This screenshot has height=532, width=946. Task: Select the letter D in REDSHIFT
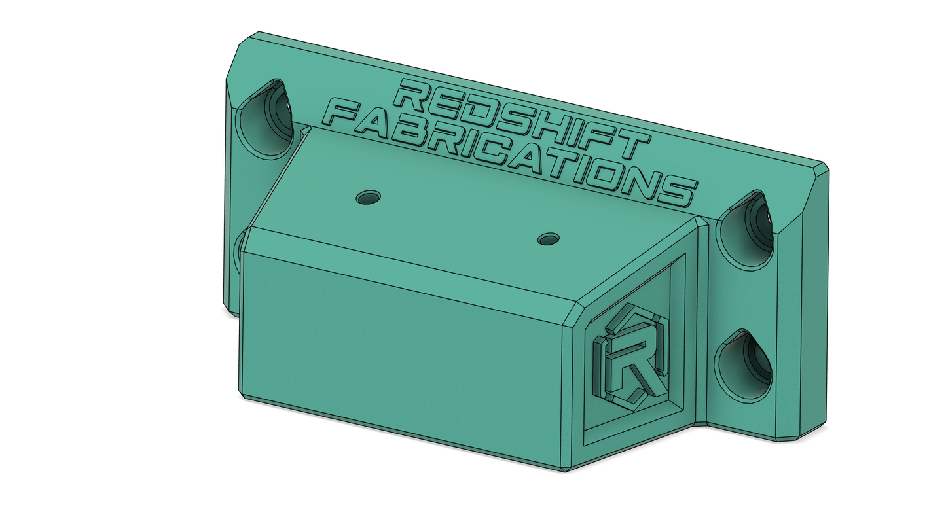coord(241,105)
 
